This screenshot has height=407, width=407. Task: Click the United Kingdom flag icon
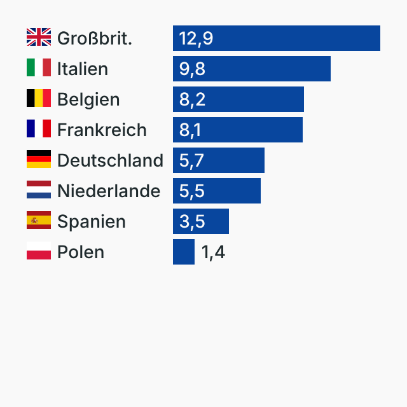[39, 38]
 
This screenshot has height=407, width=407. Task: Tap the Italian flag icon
[39, 68]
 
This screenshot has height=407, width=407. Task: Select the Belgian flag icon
[39, 99]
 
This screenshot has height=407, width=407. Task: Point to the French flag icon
[39, 129]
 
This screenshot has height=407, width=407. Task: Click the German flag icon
[39, 160]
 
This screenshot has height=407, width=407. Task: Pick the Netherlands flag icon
[39, 190]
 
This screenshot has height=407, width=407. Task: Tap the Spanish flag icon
[39, 221]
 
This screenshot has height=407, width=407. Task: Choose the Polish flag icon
[39, 251]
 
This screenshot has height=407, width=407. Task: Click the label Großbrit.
[95, 38]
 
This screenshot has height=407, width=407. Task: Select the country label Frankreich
[102, 130]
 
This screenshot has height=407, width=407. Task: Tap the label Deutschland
[110, 160]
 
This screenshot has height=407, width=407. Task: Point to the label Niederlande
[109, 191]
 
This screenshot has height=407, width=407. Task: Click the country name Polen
[81, 252]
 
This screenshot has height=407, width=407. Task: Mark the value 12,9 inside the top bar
[196, 38]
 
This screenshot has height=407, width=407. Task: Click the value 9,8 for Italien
[192, 69]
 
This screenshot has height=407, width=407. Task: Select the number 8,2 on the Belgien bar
[192, 99]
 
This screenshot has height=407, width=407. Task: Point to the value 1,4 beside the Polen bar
[213, 252]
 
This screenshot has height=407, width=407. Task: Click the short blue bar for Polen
[184, 252]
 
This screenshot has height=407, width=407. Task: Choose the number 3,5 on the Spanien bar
[192, 221]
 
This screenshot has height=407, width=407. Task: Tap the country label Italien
[83, 69]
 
